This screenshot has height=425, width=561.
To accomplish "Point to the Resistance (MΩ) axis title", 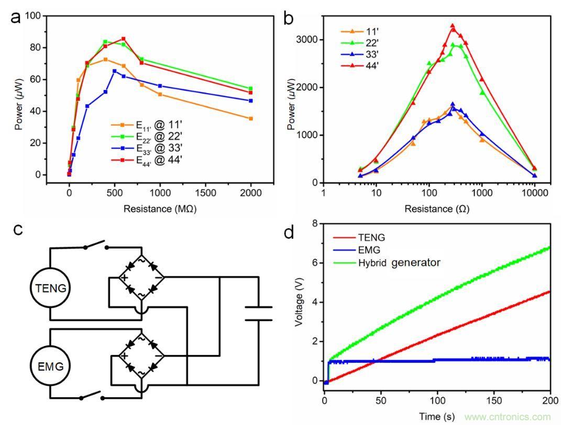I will [160, 209].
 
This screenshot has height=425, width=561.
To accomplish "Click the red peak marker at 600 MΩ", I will [124, 39].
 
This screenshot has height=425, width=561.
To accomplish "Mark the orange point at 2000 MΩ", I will [251, 119].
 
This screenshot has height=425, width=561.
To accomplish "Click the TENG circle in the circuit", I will [50, 287].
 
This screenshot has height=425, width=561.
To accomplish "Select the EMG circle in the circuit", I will [50, 366].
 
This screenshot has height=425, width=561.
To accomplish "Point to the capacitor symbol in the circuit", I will [259, 313].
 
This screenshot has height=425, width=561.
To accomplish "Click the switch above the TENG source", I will [96, 245].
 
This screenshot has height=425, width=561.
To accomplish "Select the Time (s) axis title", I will [438, 417].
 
